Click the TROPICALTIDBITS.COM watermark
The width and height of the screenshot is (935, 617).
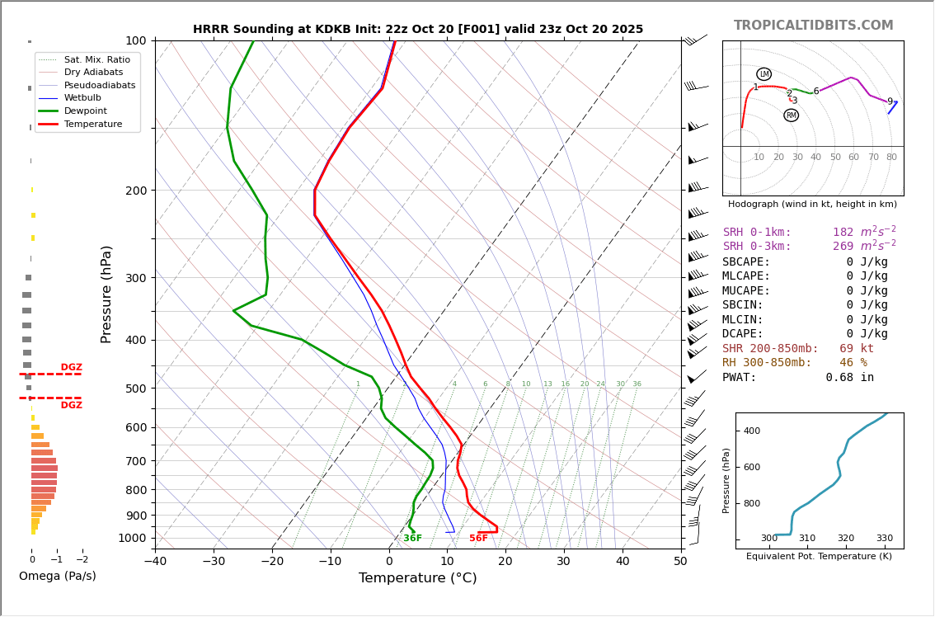point(813,26)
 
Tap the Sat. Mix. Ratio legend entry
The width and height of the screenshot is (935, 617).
point(96,59)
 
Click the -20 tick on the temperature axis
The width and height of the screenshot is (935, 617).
point(272,562)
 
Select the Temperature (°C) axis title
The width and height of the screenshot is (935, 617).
point(417,578)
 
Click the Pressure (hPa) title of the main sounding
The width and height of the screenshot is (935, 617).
point(106,294)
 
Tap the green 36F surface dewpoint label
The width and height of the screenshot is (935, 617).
point(412,539)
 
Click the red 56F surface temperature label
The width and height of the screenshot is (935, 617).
point(478,539)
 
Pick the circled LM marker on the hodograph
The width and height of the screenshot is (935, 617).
point(764,74)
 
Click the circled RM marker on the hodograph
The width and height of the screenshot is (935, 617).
point(791,115)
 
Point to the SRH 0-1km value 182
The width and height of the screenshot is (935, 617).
point(843,233)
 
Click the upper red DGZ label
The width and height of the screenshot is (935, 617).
point(71,368)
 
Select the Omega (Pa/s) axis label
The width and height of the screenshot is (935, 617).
point(57,576)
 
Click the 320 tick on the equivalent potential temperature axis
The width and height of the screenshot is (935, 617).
point(846,538)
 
